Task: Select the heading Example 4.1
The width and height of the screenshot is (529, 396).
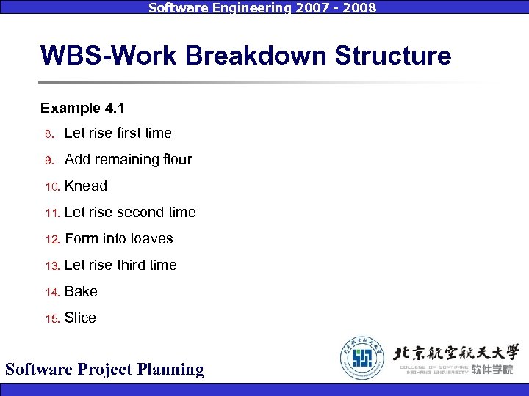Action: [x=82, y=109]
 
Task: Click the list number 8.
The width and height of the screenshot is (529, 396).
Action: [x=48, y=134]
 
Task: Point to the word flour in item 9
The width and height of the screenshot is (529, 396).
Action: [x=176, y=159]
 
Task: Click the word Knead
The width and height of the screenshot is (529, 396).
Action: [x=86, y=186]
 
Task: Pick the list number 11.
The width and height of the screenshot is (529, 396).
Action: [x=51, y=213]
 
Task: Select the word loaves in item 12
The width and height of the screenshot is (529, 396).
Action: [x=151, y=238]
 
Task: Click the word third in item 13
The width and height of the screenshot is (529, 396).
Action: [x=131, y=265]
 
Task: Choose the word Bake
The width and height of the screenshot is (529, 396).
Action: [x=81, y=291]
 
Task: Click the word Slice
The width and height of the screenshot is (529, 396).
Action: [x=80, y=318]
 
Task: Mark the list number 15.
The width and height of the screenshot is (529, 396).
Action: [x=51, y=319]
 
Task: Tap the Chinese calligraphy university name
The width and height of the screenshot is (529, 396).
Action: [x=456, y=351]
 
